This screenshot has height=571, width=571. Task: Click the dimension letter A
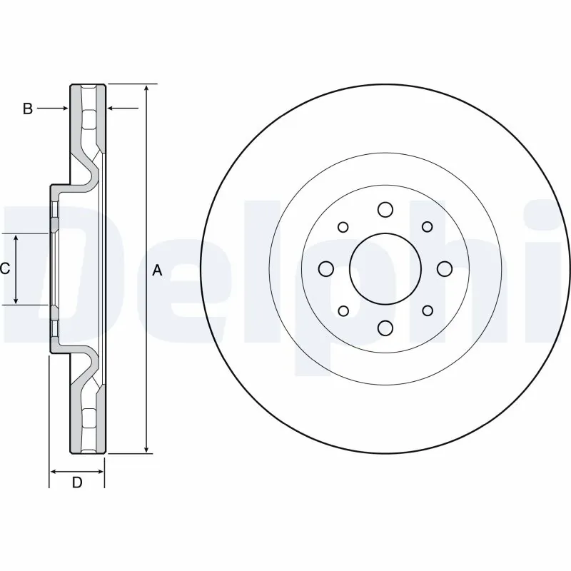coord(158,271)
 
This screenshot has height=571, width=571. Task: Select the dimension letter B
coord(27,108)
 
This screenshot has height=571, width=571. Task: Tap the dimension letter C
coord(4,269)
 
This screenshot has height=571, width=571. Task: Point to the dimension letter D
coord(77,482)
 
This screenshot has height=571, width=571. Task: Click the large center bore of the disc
coord(385,268)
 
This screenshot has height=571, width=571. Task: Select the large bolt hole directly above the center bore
coord(385,209)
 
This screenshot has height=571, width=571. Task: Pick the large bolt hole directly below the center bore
coord(385,328)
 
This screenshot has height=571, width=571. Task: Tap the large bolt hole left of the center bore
coord(326,268)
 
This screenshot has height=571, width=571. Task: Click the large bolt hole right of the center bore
coord(444,268)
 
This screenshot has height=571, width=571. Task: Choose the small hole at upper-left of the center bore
coord(343,227)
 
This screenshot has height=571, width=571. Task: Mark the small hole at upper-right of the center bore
coord(427,227)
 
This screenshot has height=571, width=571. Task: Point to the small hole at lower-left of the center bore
coord(343,310)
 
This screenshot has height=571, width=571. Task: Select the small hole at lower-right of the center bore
coord(427,310)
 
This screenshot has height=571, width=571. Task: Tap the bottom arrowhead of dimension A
coord(147,449)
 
